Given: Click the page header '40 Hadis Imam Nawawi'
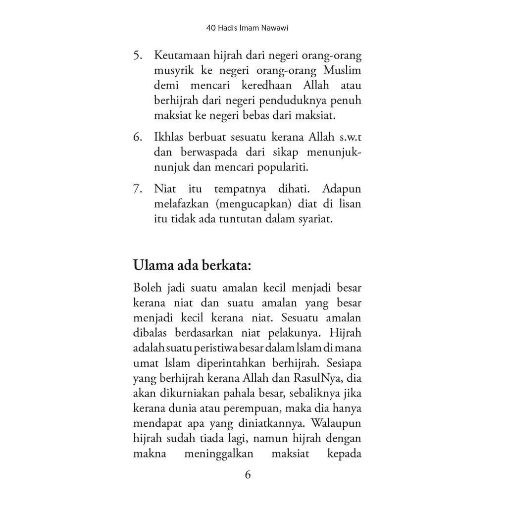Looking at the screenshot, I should (x=247, y=29).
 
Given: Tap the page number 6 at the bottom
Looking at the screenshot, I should (x=248, y=475).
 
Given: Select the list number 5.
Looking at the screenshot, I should (x=138, y=55).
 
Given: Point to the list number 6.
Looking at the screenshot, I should (x=138, y=137).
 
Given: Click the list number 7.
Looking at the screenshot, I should (x=138, y=189).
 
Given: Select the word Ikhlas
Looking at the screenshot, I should (x=169, y=137).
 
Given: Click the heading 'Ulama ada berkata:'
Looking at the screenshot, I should (x=192, y=265).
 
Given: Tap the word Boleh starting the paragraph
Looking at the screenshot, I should (x=147, y=288).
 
